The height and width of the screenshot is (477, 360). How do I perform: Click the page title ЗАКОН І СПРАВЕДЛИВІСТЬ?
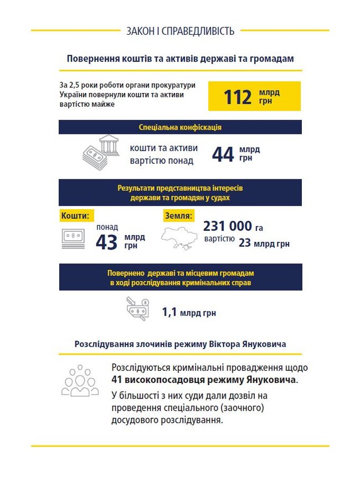point(180,31)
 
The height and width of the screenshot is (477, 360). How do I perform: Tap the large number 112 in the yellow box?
point(238,96)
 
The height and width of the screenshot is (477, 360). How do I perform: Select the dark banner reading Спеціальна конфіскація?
point(180,127)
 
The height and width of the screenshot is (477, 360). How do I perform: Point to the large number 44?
point(223,154)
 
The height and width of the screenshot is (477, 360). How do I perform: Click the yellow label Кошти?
point(74,215)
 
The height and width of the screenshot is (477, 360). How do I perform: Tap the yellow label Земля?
point(178,215)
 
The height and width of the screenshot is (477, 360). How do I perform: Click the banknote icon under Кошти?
point(71,236)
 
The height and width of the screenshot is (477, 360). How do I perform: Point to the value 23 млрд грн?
point(264,243)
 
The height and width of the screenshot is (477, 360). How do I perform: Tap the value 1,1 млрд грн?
point(188,313)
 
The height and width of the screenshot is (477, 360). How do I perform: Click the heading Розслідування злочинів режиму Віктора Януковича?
point(180,344)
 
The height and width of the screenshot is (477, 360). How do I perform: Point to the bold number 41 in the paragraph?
point(117,380)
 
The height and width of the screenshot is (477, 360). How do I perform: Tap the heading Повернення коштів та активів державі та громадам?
point(180,59)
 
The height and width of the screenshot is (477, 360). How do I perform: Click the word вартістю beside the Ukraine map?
point(219,239)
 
